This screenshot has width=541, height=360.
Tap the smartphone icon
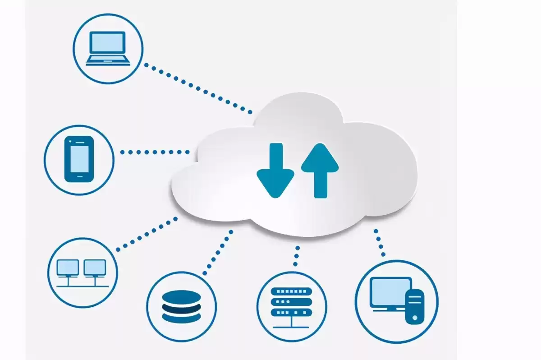click(79, 159)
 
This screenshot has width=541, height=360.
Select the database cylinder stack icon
click(181, 306)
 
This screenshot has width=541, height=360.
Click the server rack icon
click(292, 302)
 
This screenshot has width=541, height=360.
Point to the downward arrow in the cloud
click(275, 171)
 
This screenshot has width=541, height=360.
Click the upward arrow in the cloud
click(320, 171)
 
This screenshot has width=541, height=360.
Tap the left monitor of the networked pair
click(68, 267)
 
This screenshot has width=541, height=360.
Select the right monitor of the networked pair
click(95, 267)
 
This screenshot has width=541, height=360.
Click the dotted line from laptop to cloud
click(198, 88)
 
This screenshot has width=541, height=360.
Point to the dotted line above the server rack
click(296, 256)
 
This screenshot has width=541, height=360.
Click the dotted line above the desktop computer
click(379, 243)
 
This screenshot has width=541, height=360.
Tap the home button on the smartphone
click(79, 176)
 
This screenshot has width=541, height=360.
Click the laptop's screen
click(108, 43)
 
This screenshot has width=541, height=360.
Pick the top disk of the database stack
click(181, 296)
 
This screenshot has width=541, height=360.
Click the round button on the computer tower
click(415, 318)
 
